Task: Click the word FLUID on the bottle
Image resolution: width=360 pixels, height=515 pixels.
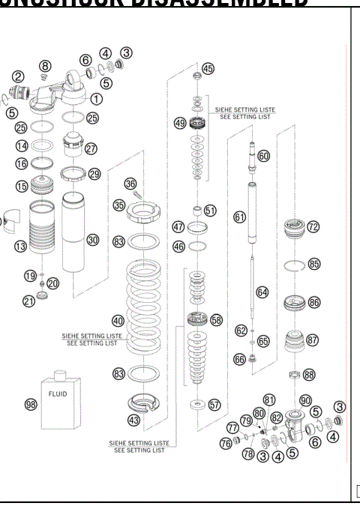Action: [58, 393]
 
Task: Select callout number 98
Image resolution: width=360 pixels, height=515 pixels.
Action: [31, 405]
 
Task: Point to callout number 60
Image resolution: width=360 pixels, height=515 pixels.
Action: [263, 156]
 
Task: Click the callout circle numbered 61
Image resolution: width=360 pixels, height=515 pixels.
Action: [239, 217]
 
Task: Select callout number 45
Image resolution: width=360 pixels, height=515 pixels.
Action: [208, 68]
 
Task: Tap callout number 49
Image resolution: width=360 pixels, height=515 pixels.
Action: [180, 123]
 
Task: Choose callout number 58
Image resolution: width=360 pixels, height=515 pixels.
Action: [217, 319]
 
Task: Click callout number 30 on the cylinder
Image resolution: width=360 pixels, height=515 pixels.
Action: [92, 240]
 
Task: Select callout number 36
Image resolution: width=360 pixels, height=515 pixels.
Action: [130, 183]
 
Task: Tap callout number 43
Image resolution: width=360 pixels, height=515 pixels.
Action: [133, 421]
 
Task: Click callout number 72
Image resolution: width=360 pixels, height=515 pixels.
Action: [313, 226]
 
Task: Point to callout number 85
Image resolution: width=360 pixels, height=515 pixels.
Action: [313, 264]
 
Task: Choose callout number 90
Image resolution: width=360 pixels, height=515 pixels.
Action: [305, 400]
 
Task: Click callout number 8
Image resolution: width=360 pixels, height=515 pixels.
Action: [44, 67]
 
